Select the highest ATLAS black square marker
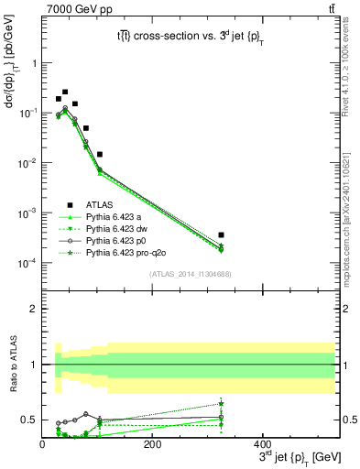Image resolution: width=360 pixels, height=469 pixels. (65, 92)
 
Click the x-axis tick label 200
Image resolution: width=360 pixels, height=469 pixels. (152, 443)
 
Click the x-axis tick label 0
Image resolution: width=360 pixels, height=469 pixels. (42, 443)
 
